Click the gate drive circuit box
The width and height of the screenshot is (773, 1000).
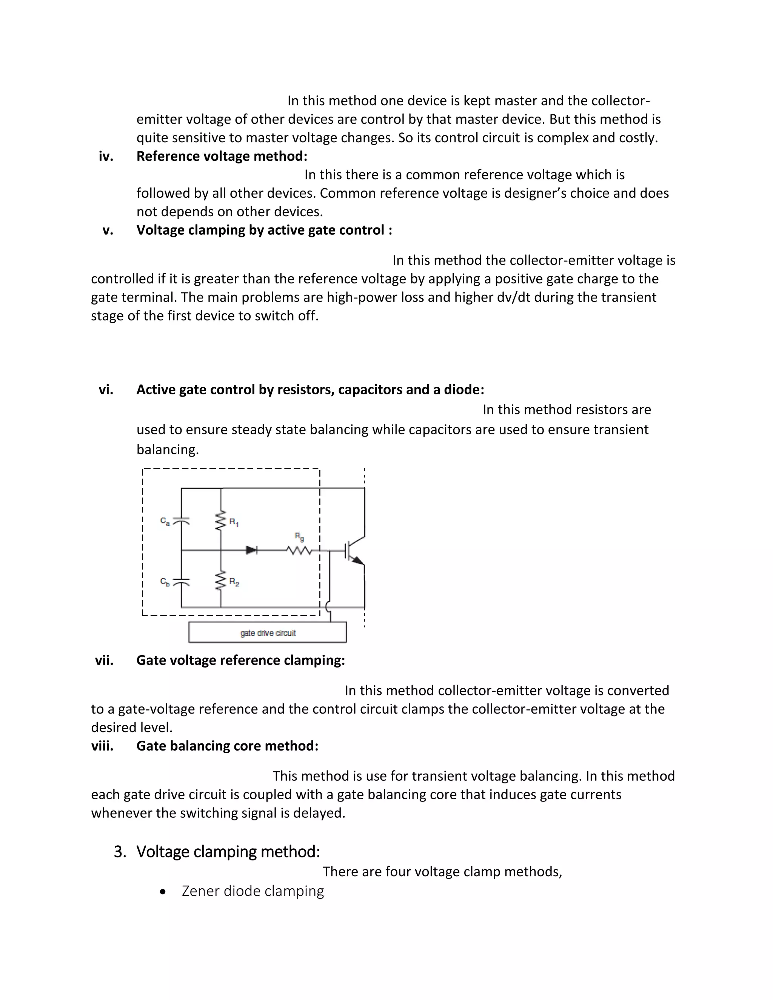click(268, 632)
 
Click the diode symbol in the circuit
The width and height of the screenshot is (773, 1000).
click(252, 550)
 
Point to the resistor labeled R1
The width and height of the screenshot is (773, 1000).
click(221, 521)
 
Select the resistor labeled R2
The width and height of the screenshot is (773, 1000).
click(221, 581)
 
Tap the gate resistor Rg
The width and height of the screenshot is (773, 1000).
click(299, 550)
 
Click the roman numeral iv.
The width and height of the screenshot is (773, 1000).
click(106, 157)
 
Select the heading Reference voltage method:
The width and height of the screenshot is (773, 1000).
click(222, 157)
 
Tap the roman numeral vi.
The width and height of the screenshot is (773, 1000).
click(106, 390)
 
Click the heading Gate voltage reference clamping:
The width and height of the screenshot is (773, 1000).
click(240, 660)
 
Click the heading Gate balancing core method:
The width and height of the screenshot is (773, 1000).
click(227, 746)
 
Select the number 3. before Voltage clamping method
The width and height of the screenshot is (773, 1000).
click(120, 852)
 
